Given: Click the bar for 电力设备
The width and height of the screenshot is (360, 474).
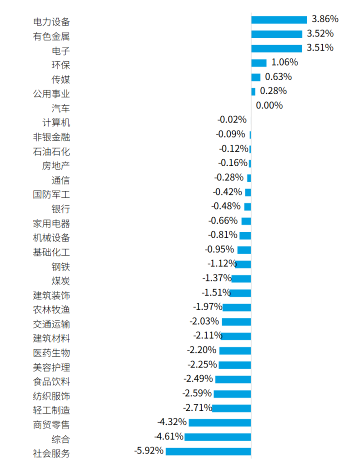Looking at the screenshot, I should click(279, 20).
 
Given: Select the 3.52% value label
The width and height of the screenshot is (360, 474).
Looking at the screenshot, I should click(320, 34).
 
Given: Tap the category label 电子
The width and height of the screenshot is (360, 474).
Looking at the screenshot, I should click(61, 51).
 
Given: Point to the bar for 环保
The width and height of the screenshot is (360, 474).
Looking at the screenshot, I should click(259, 63).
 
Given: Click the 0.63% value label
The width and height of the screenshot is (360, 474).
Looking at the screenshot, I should click(278, 76).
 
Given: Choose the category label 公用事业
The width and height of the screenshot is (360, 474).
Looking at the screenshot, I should click(51, 94).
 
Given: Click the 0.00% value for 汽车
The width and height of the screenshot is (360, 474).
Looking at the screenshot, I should click(269, 106).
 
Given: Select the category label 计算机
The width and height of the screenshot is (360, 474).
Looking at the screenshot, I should click(56, 122).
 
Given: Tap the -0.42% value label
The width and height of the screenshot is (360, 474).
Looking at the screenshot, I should click(227, 192).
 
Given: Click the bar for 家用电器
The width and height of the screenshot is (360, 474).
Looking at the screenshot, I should click(246, 221).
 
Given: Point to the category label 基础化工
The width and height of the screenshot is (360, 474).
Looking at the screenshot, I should click(51, 252).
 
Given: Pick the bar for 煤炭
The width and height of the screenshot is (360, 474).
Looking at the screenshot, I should click(241, 279).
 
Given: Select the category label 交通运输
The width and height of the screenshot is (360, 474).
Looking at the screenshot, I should click(51, 324).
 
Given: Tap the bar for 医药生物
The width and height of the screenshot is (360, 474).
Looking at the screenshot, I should click(235, 351).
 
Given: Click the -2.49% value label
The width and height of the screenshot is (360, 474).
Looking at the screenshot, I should click(198, 379).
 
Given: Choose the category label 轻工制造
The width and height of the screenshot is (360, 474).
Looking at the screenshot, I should click(51, 410).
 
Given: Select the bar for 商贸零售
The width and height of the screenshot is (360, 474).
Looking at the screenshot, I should click(219, 423).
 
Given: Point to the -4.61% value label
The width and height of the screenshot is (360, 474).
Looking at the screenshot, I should click(169, 437).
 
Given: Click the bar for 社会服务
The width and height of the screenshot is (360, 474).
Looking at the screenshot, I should click(208, 451).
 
